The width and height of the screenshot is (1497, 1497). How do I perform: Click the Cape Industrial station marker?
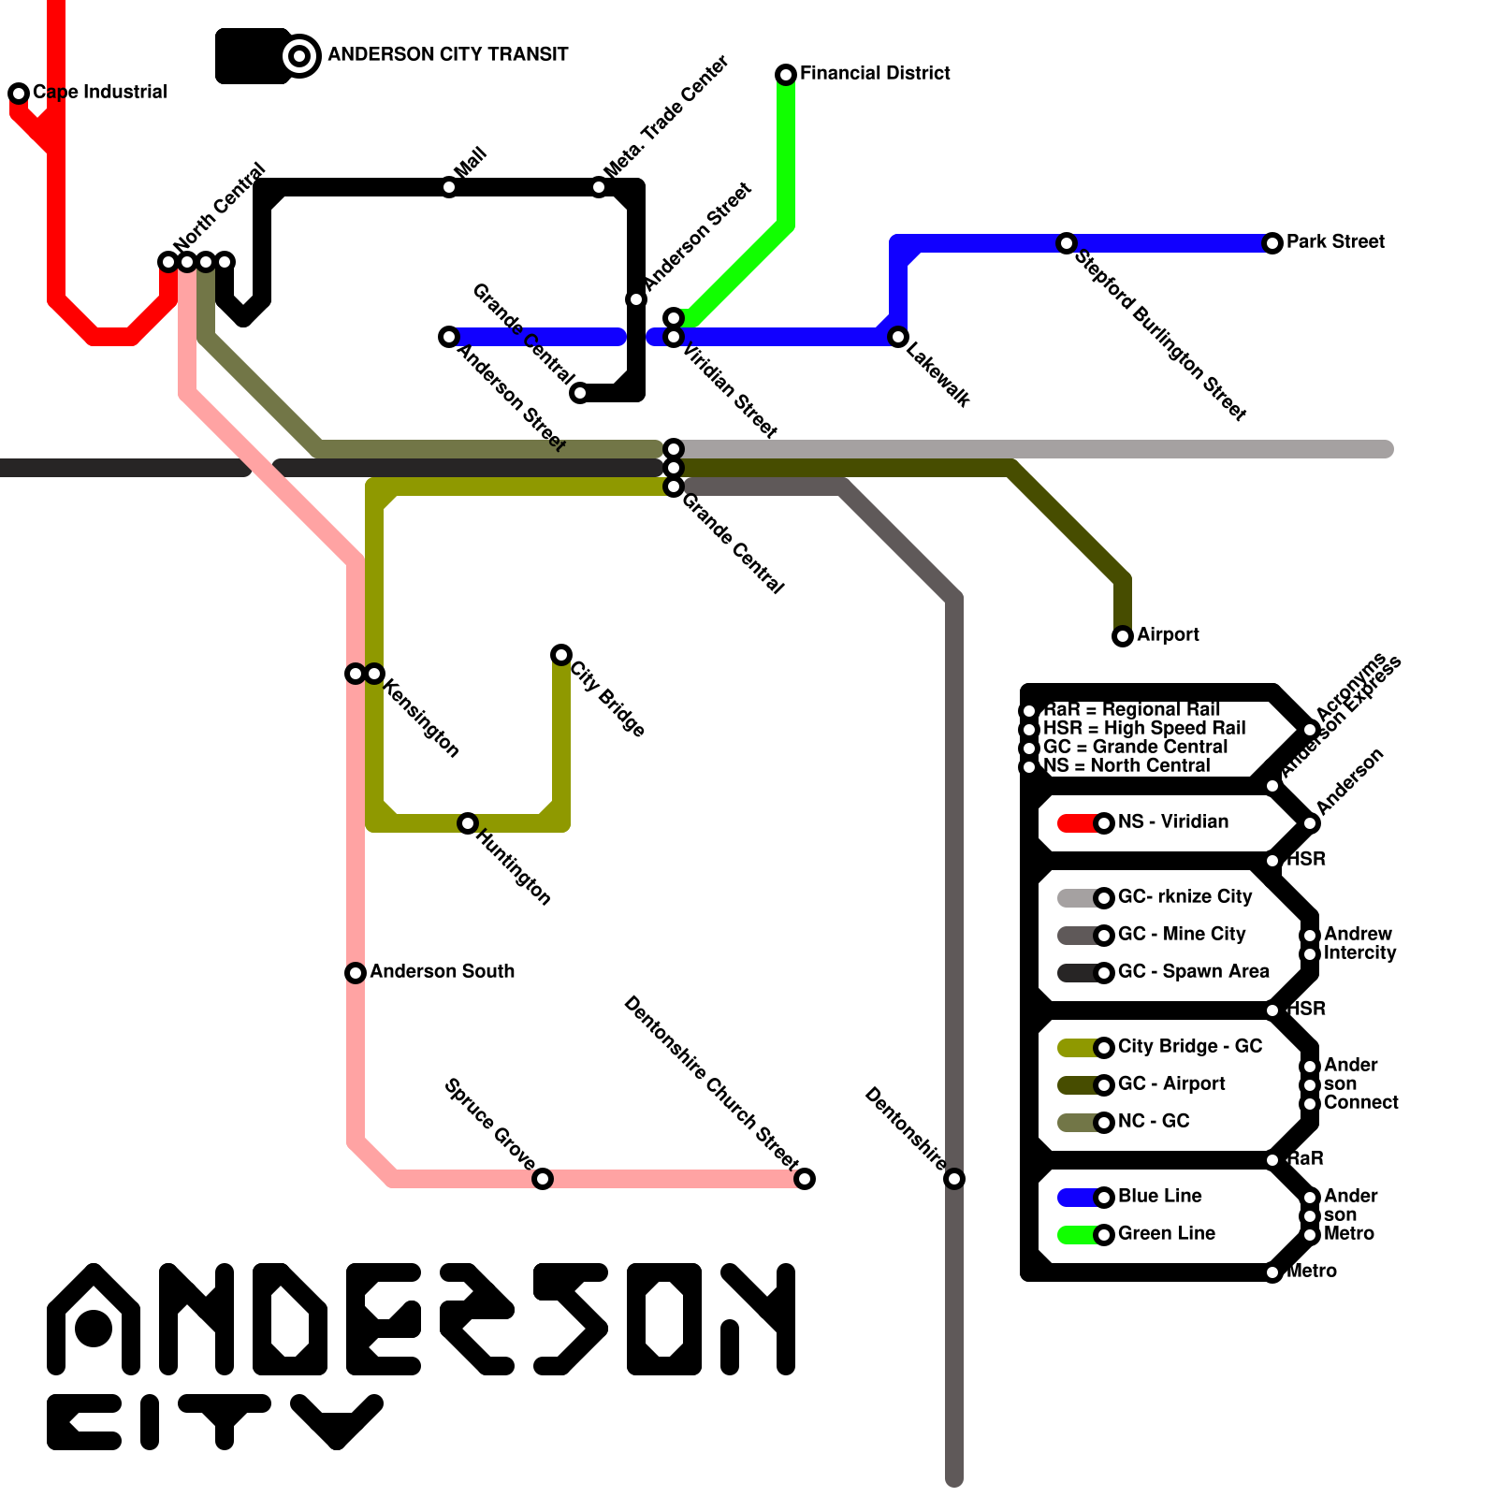19,93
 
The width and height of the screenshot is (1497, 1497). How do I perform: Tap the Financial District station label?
875,73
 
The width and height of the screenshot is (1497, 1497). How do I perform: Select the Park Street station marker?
1272,243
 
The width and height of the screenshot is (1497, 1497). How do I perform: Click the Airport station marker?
1123,636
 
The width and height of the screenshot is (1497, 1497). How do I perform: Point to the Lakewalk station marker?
898,337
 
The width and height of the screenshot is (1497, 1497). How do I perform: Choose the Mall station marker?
449,187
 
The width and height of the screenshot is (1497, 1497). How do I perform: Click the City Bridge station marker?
561,654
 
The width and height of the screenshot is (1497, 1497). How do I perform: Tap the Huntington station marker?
468,823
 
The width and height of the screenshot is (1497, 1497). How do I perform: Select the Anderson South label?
442,971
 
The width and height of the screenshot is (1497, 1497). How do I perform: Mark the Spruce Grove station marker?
543,1179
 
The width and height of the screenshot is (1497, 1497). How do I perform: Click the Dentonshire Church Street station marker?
805,1179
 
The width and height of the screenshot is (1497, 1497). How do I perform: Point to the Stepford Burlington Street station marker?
1067,243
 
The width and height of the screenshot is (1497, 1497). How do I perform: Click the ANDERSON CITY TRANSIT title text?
447,54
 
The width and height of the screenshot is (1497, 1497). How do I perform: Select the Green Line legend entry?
1166,1233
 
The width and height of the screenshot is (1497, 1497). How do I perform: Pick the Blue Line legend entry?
1160,1196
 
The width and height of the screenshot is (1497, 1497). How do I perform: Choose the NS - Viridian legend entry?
1173,821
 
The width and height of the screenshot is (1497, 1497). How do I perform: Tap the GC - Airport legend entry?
1171,1083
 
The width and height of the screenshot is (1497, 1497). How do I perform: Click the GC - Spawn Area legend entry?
1193,971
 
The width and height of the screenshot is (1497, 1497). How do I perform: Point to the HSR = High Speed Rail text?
1144,728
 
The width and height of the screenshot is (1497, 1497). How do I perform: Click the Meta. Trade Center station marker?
599,187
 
